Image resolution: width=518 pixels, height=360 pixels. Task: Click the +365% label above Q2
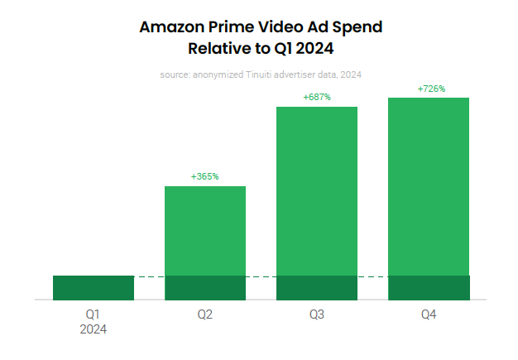[x=204, y=176]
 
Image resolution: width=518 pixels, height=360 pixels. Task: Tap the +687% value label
[x=317, y=97]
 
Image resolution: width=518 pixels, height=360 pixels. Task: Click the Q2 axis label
[x=205, y=314]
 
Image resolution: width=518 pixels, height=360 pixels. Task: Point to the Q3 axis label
[x=317, y=314]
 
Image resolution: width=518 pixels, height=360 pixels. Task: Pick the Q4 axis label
[x=429, y=314]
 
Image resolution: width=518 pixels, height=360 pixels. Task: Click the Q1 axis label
[x=94, y=314]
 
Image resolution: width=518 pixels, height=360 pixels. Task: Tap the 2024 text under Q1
[x=94, y=329]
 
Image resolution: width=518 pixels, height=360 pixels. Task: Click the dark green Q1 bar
[x=94, y=287]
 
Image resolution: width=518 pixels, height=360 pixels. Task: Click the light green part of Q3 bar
[x=317, y=190]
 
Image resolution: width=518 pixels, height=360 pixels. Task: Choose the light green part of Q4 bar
[x=429, y=186]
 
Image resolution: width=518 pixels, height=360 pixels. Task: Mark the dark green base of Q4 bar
[x=429, y=287]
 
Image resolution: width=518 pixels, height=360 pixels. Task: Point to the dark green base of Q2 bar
[x=205, y=287]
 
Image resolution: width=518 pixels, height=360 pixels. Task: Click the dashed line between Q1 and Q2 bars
[x=149, y=276]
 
